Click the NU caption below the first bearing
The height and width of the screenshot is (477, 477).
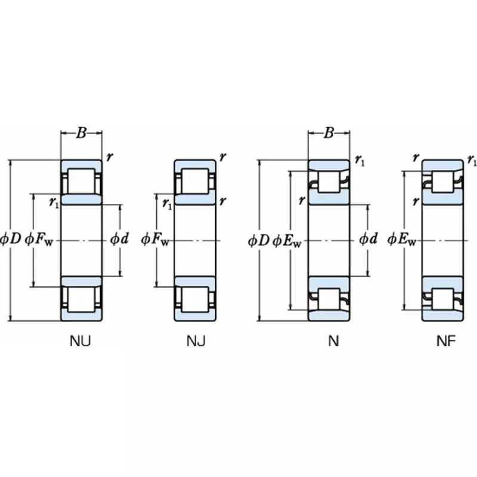(x=81, y=341)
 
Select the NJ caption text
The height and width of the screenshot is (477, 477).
(x=196, y=341)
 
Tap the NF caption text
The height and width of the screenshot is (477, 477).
(x=445, y=341)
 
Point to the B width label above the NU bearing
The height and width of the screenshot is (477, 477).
(x=81, y=133)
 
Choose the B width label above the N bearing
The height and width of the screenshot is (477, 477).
(x=329, y=133)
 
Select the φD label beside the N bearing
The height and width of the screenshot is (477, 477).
(x=259, y=240)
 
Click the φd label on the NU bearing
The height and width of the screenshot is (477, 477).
(x=119, y=240)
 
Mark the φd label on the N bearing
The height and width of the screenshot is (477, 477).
(x=368, y=240)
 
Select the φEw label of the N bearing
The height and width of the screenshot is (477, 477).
(x=287, y=240)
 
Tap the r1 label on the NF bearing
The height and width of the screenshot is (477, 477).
(x=471, y=160)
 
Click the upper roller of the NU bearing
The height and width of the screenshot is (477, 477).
(x=81, y=181)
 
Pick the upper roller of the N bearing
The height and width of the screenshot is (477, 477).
(x=329, y=182)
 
